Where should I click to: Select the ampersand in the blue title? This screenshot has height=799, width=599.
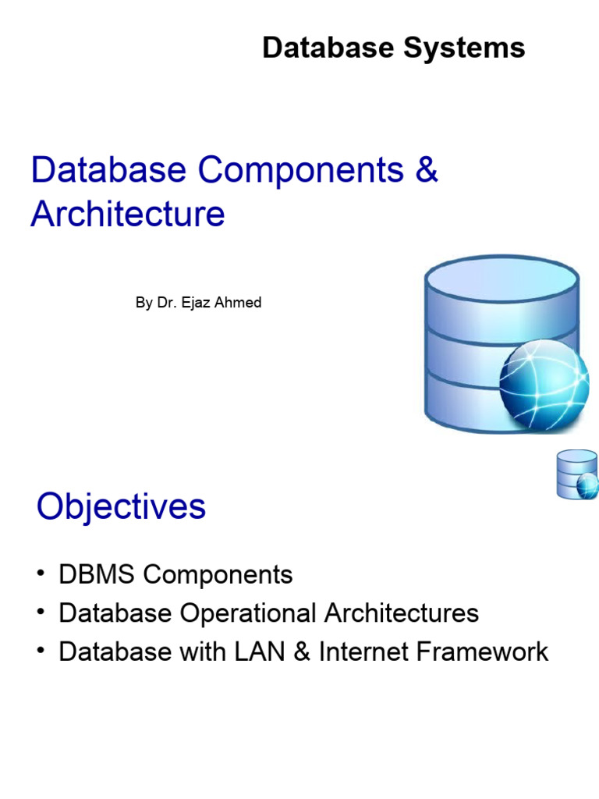(427, 171)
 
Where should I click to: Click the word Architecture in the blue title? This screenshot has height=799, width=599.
(128, 214)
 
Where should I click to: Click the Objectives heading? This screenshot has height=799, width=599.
(121, 508)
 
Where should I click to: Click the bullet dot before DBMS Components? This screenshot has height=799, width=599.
(41, 575)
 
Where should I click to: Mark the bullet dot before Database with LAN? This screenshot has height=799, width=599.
(41, 652)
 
